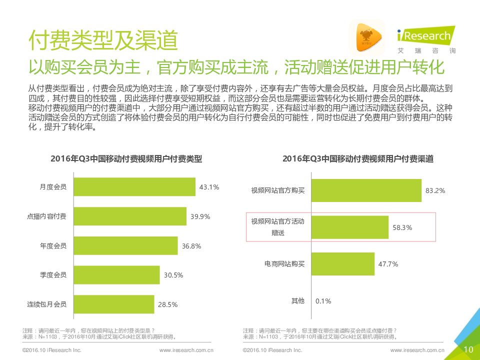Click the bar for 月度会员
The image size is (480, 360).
(x=134, y=187)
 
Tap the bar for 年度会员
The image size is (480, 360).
(x=125, y=245)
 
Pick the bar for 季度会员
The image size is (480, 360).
(x=117, y=274)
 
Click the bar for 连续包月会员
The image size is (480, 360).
(x=114, y=304)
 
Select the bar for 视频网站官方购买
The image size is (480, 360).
(x=366, y=190)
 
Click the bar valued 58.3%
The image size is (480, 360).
(x=350, y=227)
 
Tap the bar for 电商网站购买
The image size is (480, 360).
(x=343, y=263)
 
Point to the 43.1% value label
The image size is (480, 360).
(x=209, y=187)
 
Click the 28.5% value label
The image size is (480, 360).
(x=167, y=304)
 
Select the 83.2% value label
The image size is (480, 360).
(x=435, y=191)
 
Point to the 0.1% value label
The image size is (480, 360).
(x=323, y=301)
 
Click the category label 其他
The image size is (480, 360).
(x=297, y=300)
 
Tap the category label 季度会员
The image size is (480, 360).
(x=53, y=274)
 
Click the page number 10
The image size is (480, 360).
(x=468, y=349)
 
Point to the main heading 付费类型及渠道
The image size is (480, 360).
(x=103, y=39)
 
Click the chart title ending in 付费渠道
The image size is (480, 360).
(x=357, y=158)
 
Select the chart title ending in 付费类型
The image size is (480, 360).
(x=126, y=158)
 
